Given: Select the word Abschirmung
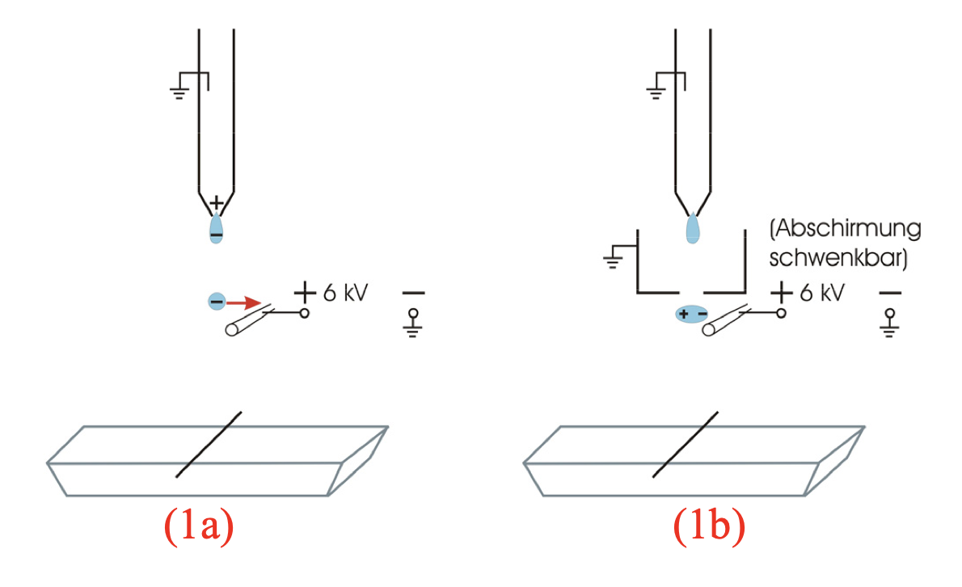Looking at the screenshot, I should [x=845, y=230].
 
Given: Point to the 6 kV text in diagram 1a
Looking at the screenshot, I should [x=346, y=292].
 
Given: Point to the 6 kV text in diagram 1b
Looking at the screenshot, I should [x=822, y=292].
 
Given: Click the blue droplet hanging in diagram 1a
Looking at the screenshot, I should [x=217, y=230].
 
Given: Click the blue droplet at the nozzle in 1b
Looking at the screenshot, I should [x=693, y=228].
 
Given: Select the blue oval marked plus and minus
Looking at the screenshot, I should [x=691, y=314].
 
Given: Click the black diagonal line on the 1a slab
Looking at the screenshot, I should [x=209, y=444].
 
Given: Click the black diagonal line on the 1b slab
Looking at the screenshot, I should [x=685, y=444].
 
